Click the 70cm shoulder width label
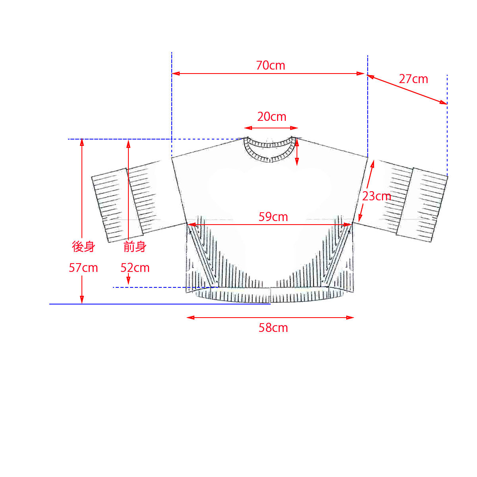coord(270,66)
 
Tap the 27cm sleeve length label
coord(413,79)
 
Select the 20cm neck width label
coord(271,117)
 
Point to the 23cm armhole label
coord(376,196)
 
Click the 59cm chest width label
coord(273,217)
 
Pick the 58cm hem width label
coord(273,328)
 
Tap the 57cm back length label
coord(83,268)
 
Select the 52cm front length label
coord(135,268)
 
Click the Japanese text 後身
coord(83,247)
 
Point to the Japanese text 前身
coord(135,247)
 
